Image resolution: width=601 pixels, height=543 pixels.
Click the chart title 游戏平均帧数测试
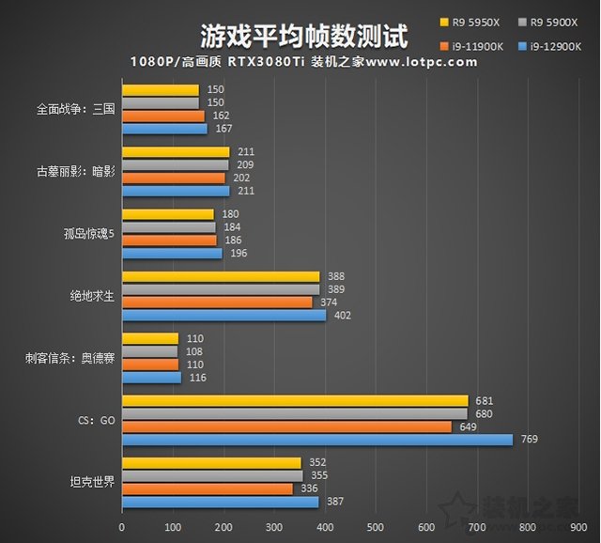(x=303, y=36)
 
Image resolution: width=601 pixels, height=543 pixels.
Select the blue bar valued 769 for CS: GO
(x=317, y=440)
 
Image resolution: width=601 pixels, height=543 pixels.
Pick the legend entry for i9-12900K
(x=558, y=43)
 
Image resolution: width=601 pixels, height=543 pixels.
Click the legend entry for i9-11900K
(x=473, y=43)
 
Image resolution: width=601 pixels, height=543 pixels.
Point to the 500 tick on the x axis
(x=376, y=527)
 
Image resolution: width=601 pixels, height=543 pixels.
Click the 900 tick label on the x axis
(x=578, y=527)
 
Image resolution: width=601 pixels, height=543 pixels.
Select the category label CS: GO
(x=95, y=420)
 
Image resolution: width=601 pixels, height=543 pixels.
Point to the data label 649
(x=466, y=427)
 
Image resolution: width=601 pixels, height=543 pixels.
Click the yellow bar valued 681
(x=295, y=401)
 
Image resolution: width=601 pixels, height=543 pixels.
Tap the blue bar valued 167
(x=164, y=129)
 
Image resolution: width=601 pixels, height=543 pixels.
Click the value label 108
(x=190, y=351)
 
